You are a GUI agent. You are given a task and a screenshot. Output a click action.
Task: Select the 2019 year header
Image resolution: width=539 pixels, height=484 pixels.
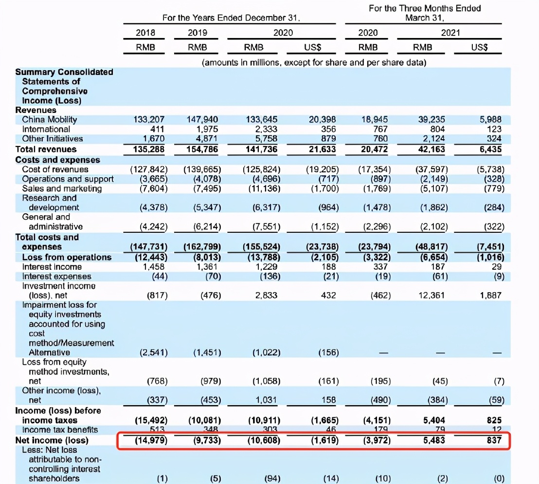click(x=197, y=33)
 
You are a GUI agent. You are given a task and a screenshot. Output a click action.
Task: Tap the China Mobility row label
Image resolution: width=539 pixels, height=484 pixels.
click(x=50, y=119)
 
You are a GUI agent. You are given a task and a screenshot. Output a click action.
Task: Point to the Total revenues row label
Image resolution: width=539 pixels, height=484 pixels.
click(x=46, y=149)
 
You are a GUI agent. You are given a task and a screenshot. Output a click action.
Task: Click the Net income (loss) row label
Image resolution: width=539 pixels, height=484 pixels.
click(x=52, y=441)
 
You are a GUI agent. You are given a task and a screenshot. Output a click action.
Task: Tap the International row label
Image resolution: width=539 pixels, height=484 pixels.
click(x=46, y=129)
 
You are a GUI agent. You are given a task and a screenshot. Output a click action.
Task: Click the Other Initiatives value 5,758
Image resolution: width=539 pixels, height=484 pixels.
click(x=266, y=139)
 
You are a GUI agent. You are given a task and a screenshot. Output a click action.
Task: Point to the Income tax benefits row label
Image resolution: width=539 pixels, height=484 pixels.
click(x=60, y=430)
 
